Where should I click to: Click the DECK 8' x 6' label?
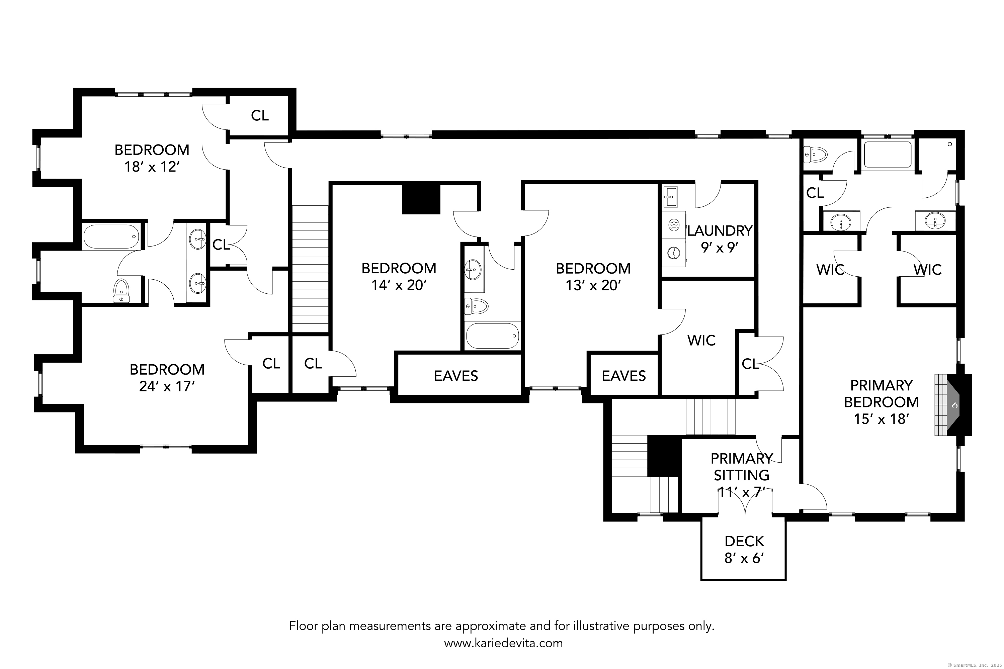click(744, 550)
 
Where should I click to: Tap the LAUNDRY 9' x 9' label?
click(720, 239)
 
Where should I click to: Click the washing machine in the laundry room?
click(674, 225)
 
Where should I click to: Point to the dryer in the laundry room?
click(674, 253)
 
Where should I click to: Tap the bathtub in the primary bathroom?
click(888, 155)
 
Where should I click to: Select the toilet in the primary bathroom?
click(815, 154)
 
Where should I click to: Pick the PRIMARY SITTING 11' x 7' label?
click(742, 475)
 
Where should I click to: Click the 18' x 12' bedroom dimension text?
click(152, 167)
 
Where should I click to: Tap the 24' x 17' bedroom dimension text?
click(167, 386)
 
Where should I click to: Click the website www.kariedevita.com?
click(503, 643)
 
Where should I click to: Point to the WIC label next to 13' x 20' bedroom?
click(701, 341)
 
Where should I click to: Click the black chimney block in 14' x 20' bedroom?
click(421, 199)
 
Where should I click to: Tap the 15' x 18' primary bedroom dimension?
click(881, 419)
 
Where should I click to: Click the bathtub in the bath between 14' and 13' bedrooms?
click(493, 336)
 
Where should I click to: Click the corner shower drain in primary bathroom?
click(950, 144)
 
